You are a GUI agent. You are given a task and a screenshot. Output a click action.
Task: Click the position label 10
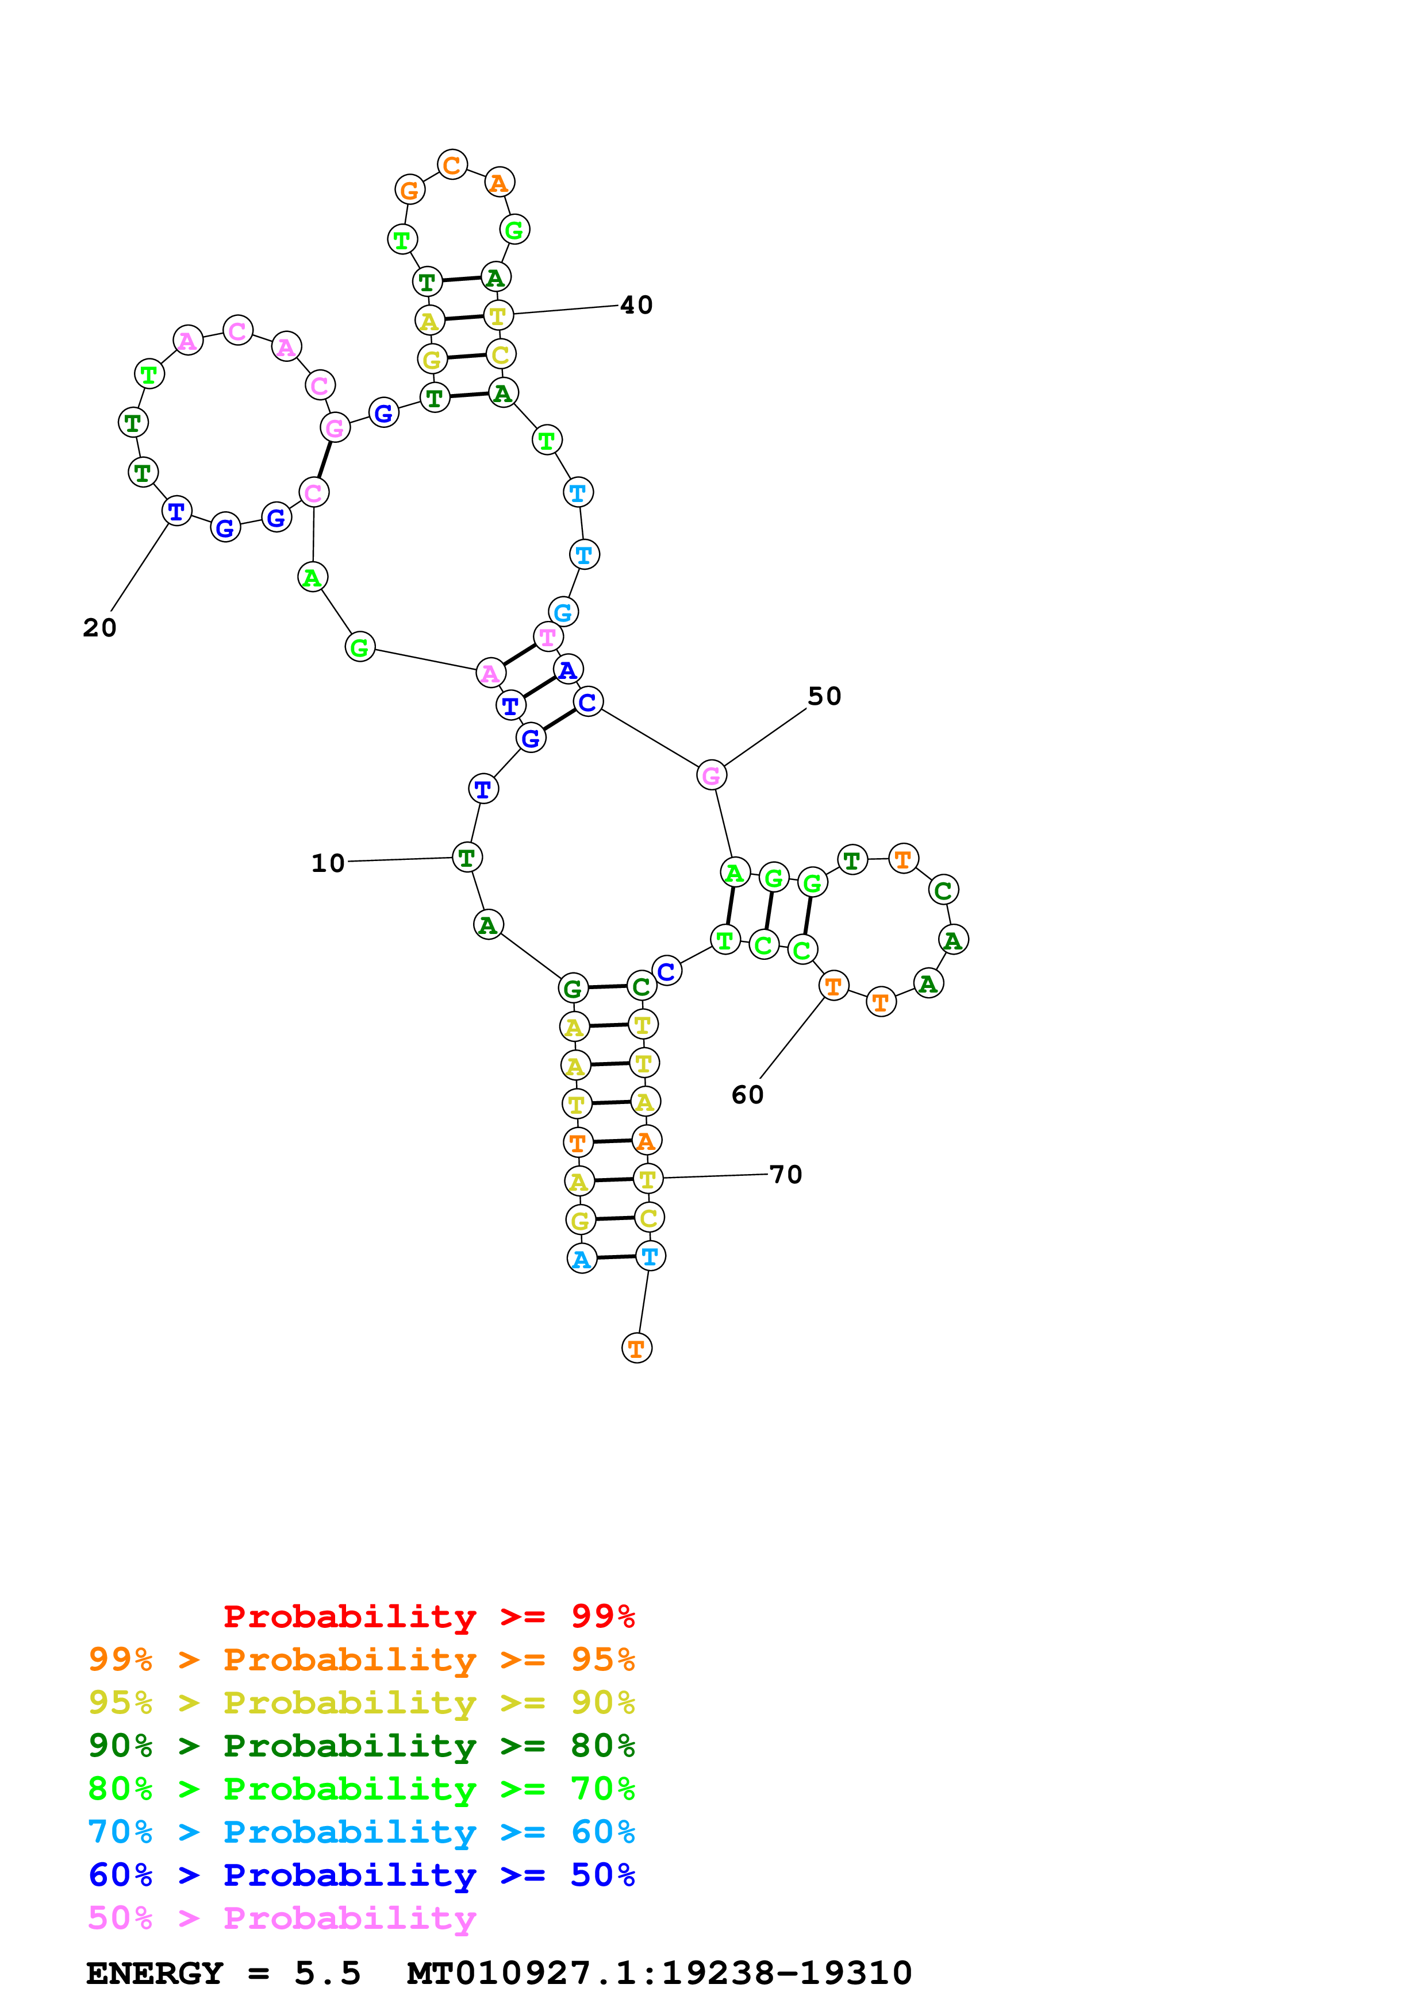(x=328, y=863)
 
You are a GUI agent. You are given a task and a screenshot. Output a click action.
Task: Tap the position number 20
(x=99, y=628)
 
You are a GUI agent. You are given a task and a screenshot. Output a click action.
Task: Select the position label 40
(x=636, y=306)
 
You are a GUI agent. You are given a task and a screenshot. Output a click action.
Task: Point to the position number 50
(x=824, y=697)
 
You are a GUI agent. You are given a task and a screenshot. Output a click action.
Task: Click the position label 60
(x=747, y=1095)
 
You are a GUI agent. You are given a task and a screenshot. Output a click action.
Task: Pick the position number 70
(x=786, y=1175)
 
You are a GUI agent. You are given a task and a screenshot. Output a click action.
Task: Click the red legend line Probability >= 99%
(x=429, y=1616)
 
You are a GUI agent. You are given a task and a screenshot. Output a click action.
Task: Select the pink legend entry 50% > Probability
(x=282, y=1919)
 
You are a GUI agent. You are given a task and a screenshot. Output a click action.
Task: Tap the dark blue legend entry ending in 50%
(x=362, y=1875)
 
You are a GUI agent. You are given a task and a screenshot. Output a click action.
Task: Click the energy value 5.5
(x=328, y=1974)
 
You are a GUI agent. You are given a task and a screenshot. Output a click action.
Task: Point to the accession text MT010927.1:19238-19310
(x=659, y=1974)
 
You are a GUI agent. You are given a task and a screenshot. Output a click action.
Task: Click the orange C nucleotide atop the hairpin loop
(x=452, y=165)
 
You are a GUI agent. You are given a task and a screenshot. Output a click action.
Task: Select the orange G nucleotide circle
(x=409, y=190)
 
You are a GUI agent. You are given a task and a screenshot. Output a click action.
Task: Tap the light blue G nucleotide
(x=563, y=612)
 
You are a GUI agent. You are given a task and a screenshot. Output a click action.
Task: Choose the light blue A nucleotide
(x=581, y=1259)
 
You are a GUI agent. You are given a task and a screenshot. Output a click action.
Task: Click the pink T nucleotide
(x=548, y=637)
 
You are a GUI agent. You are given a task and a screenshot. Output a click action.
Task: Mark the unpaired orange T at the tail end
(x=636, y=1348)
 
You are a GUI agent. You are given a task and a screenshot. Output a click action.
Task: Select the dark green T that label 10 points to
(x=466, y=858)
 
